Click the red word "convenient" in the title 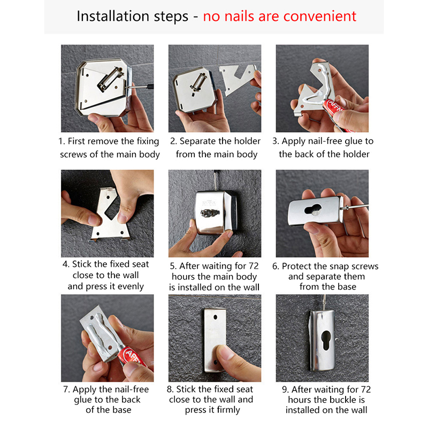(319, 16)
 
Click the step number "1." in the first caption (62, 141)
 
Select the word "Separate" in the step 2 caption (197, 141)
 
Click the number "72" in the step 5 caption (253, 265)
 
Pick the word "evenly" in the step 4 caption (130, 286)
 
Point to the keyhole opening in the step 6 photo (313, 209)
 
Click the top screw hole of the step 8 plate (216, 317)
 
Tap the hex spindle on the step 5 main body (210, 212)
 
